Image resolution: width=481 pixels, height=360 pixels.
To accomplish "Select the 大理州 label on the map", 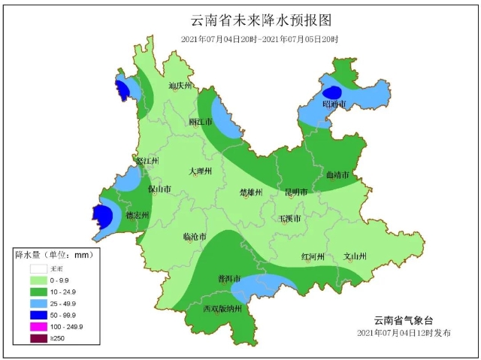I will point(201,171).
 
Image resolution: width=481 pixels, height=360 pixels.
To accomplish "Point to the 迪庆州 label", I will point(181,86).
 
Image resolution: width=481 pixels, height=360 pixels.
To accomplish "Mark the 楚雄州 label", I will point(251,192).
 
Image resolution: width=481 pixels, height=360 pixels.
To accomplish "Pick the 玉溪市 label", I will point(289,219).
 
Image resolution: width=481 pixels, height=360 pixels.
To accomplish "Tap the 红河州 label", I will point(313,256).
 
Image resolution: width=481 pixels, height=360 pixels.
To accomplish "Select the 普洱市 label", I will point(228,278).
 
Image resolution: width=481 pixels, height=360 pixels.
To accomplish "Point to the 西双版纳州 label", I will point(222,308).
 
